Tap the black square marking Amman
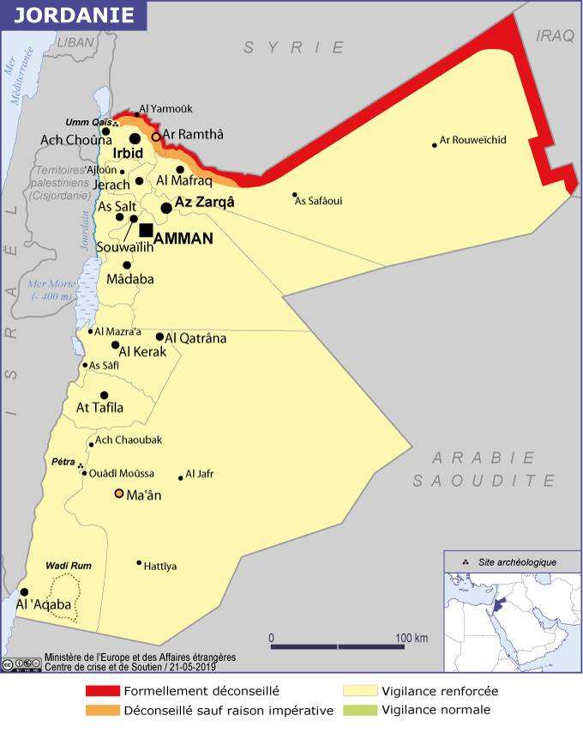[x=147, y=229]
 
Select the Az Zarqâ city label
[x=204, y=203]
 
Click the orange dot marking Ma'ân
[x=119, y=494]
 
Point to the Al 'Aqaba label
[x=44, y=604]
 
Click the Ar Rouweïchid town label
[x=472, y=140]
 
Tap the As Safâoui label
[x=318, y=201]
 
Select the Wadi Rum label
[x=69, y=566]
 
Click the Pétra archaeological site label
[x=63, y=462]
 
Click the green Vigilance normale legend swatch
[x=360, y=710]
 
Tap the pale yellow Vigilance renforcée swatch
[x=360, y=690]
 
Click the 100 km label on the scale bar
[x=412, y=638]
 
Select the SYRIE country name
[x=294, y=48]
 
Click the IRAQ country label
[x=553, y=35]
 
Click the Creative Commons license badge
[x=21, y=664]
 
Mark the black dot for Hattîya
[x=139, y=563]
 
